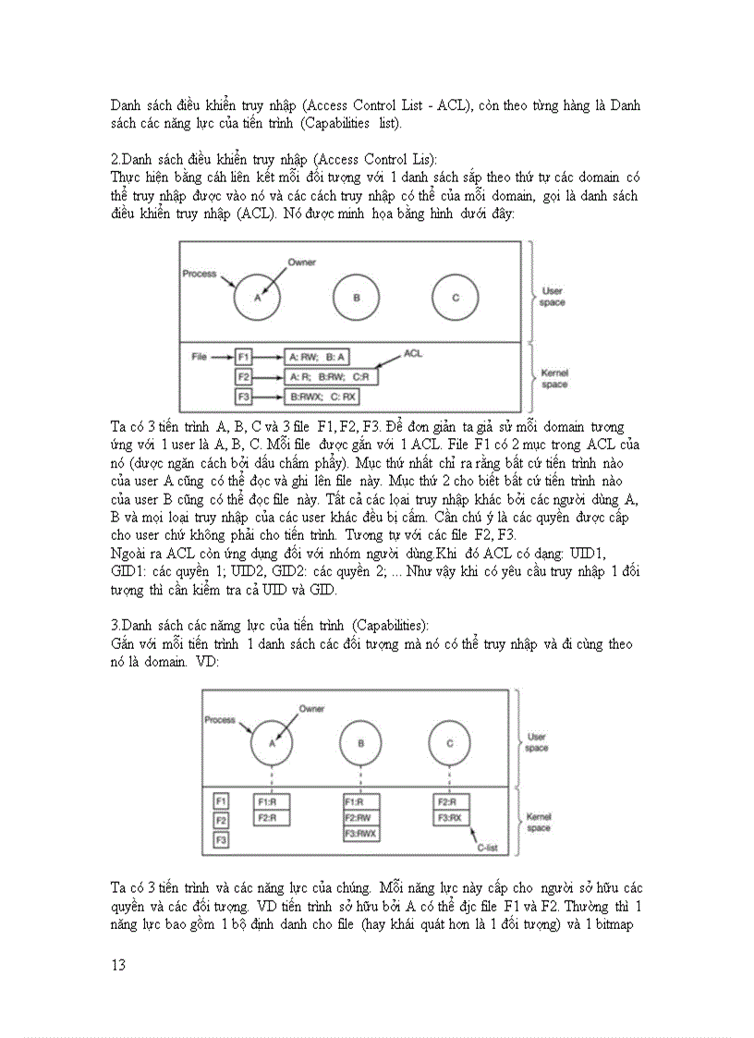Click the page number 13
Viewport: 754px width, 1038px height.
[118, 965]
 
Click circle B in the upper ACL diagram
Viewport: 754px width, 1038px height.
[356, 297]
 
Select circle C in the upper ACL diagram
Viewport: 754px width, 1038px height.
[456, 297]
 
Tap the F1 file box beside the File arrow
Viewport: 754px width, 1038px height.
[244, 356]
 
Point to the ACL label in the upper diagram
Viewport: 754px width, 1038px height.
[413, 352]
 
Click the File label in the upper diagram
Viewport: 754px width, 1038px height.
[199, 356]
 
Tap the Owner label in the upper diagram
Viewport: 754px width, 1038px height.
[301, 263]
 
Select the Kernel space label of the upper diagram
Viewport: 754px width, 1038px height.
[553, 378]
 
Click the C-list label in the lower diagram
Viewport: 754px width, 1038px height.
[487, 846]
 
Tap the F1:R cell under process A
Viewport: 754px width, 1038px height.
[272, 801]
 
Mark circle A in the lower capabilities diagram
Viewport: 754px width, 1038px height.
[273, 742]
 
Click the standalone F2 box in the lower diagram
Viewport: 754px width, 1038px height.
[221, 821]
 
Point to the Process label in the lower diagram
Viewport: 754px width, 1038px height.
[219, 719]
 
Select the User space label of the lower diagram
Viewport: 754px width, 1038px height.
[536, 741]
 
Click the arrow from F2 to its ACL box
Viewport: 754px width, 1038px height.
[268, 377]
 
